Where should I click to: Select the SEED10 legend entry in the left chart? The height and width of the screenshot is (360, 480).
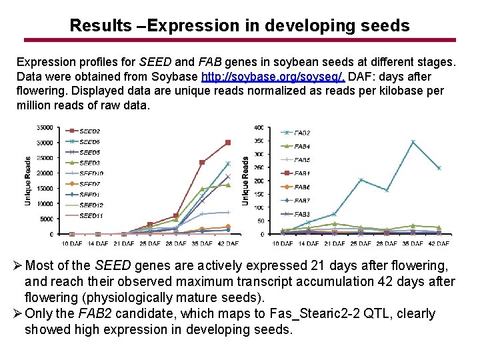click(x=91, y=173)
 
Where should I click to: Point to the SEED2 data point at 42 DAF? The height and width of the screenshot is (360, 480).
click(x=228, y=143)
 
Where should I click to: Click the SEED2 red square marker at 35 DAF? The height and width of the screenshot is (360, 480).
click(x=202, y=162)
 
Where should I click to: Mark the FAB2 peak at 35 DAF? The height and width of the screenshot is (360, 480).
click(x=413, y=142)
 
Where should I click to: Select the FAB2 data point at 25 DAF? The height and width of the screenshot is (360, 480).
click(x=361, y=180)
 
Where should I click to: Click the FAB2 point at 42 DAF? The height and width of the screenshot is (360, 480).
click(x=439, y=168)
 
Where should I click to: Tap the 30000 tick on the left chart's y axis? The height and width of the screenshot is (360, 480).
click(x=45, y=143)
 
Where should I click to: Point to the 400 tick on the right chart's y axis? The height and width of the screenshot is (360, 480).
click(x=259, y=127)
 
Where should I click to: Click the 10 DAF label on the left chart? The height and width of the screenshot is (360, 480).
click(x=71, y=244)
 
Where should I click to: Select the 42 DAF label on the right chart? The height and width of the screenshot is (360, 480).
click(x=439, y=244)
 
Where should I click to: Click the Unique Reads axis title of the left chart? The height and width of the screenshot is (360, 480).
click(x=28, y=181)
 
